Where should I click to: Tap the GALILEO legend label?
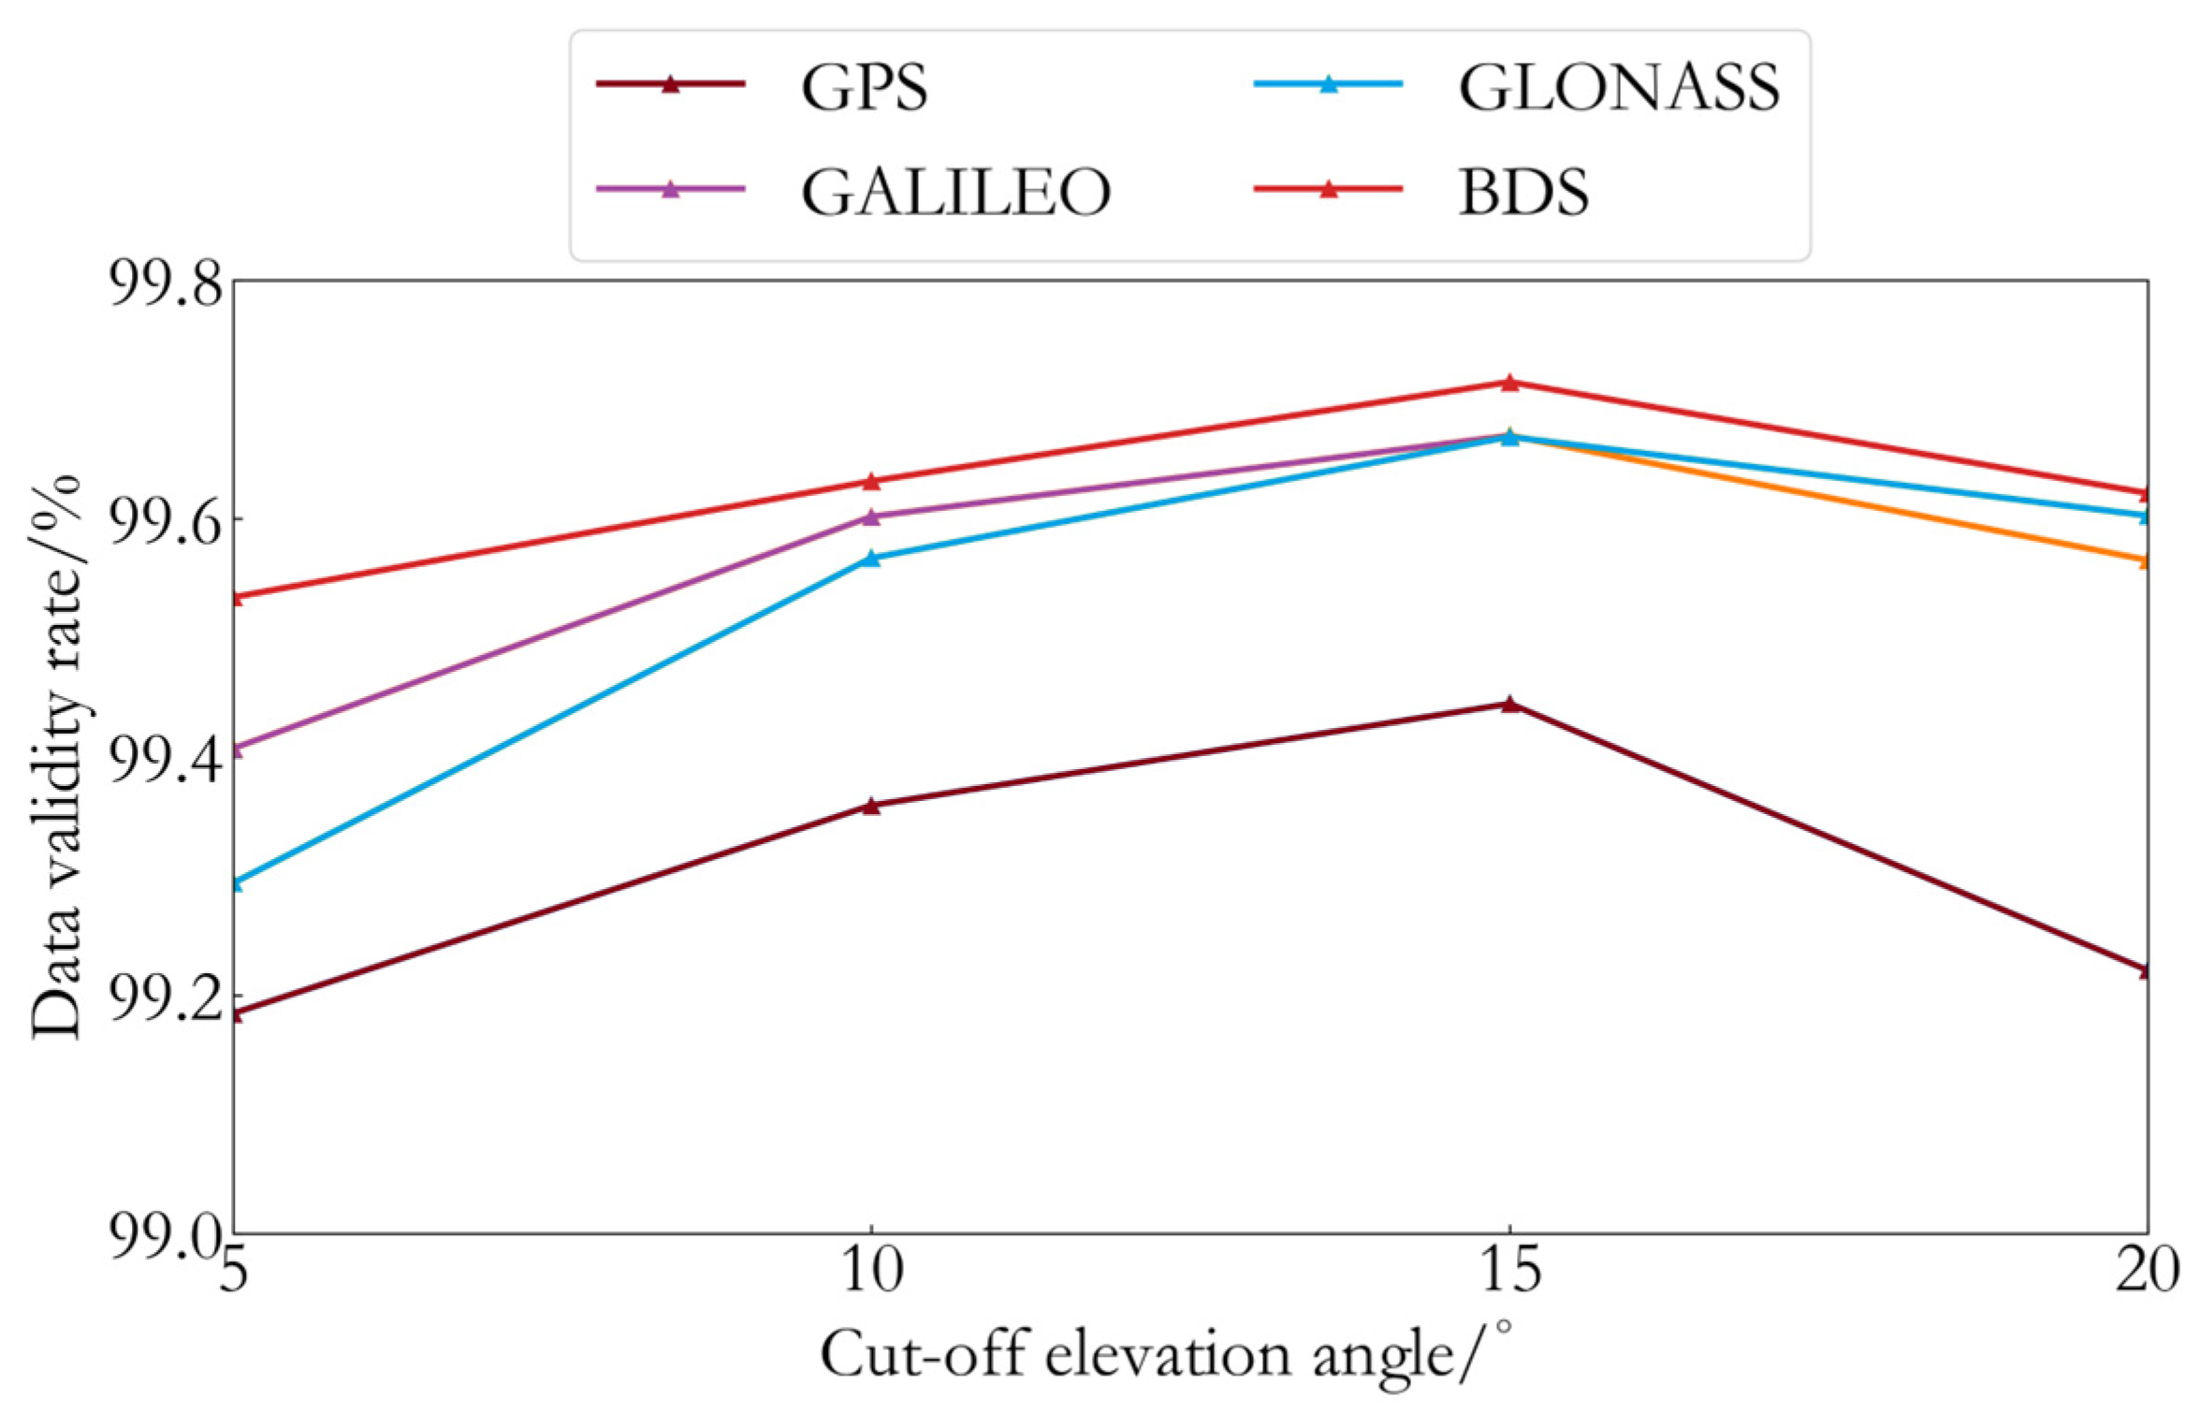tap(954, 191)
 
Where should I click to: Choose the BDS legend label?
tap(1523, 191)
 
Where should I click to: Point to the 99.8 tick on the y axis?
tap(168, 281)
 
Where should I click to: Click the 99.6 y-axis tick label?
tap(168, 519)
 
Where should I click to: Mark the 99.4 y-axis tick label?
tap(168, 758)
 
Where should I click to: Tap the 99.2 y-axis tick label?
tap(168, 997)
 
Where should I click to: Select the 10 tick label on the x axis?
tap(871, 1271)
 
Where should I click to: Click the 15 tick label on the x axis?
tap(1509, 1271)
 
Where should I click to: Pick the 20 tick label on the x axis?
tap(2147, 1271)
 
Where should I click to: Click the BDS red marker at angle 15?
tap(1509, 382)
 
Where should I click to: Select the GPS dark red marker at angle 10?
tap(871, 805)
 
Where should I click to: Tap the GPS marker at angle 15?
tap(1509, 704)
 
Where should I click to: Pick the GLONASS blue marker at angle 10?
tap(871, 558)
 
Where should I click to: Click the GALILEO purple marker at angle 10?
tap(871, 516)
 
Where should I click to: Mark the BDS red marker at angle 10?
tap(871, 481)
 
